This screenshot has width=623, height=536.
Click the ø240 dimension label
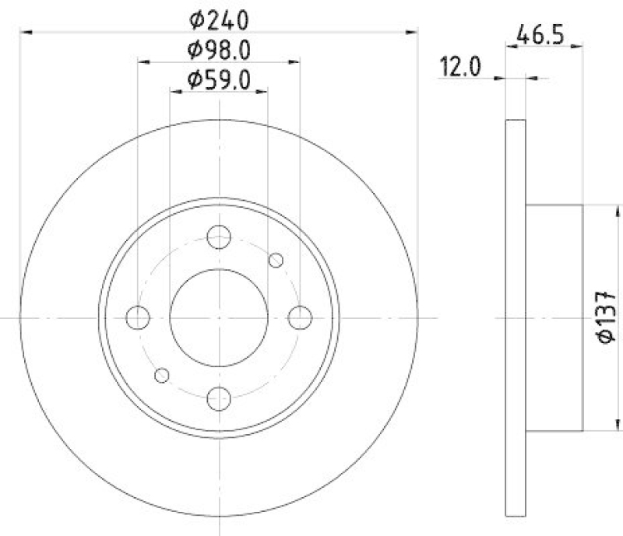[219, 17]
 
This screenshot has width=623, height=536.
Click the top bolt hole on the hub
[220, 236]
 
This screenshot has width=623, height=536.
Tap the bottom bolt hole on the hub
[220, 398]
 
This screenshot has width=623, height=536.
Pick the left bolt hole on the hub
[138, 317]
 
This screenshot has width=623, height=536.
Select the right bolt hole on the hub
[300, 317]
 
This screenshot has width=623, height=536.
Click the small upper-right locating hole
[276, 260]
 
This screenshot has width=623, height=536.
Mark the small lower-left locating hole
[162, 375]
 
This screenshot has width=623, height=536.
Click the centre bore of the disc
[219, 317]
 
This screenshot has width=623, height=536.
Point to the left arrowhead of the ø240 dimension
[25, 32]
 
